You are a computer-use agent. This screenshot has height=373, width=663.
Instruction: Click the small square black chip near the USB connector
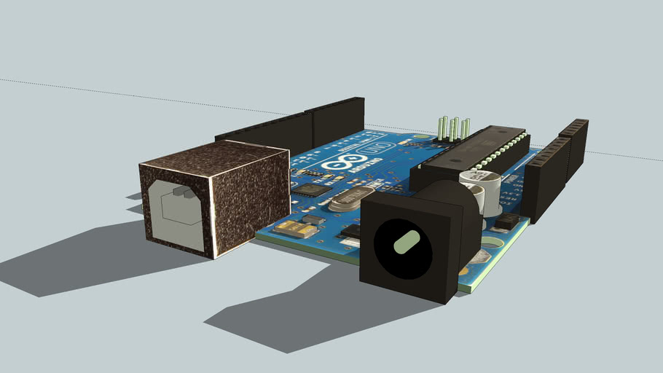point(312,190)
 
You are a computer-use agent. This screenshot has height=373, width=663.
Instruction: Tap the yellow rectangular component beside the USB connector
point(297,230)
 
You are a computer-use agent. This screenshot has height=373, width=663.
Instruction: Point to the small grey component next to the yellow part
point(313,219)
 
